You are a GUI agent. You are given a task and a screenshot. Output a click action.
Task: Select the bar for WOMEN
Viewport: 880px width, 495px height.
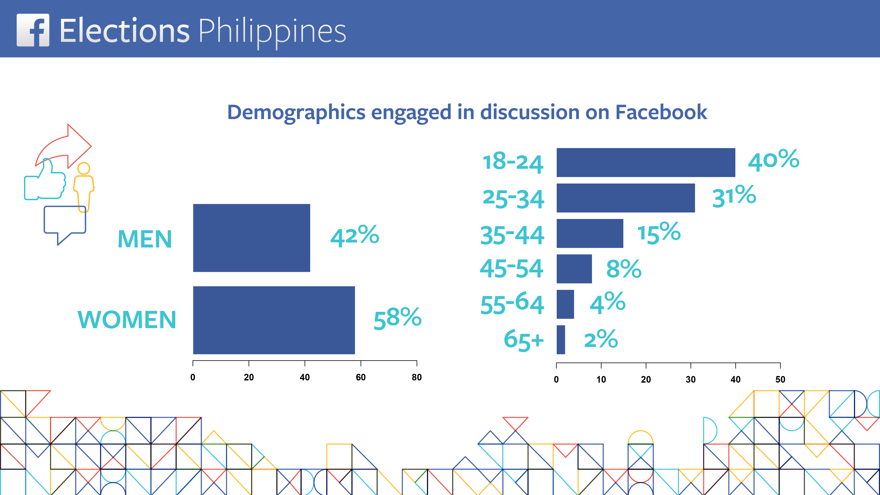pyautogui.click(x=274, y=320)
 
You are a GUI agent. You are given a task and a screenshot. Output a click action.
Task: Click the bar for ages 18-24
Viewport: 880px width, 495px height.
pyautogui.click(x=646, y=163)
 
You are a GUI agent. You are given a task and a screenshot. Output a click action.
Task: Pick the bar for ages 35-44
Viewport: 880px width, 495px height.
pyautogui.click(x=590, y=233)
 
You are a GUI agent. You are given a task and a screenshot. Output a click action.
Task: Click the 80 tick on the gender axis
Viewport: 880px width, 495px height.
pyautogui.click(x=416, y=377)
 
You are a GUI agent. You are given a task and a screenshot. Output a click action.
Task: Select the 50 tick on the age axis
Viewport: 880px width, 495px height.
pyautogui.click(x=780, y=379)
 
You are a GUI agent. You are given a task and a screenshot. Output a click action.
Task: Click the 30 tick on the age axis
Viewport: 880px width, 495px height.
pyautogui.click(x=690, y=379)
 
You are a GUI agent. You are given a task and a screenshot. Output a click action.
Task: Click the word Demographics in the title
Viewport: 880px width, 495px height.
pyautogui.click(x=296, y=112)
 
